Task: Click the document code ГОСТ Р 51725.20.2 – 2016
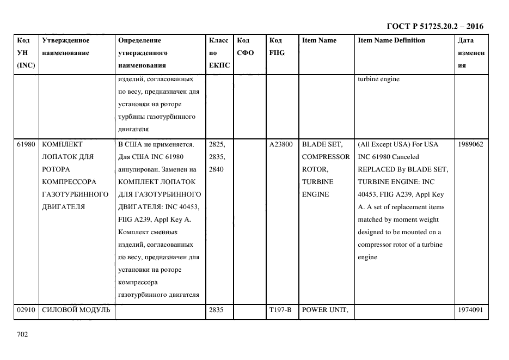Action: tap(434, 26)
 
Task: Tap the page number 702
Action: tap(22, 334)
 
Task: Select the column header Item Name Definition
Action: tap(391, 40)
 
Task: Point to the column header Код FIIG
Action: tap(277, 47)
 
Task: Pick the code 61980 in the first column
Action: tap(26, 144)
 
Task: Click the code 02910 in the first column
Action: tap(26, 310)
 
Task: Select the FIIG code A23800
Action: tap(281, 144)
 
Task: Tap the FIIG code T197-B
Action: tap(280, 310)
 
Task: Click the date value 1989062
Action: tap(470, 144)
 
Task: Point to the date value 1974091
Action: tap(470, 310)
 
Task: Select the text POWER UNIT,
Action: tap(324, 310)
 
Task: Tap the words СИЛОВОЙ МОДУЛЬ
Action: tap(76, 310)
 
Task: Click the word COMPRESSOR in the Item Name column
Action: tap(326, 157)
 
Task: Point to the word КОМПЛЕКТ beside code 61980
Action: tap(62, 144)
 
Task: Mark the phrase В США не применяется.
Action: tap(156, 144)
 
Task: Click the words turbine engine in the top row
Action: tap(378, 79)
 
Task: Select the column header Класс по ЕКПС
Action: tap(219, 53)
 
